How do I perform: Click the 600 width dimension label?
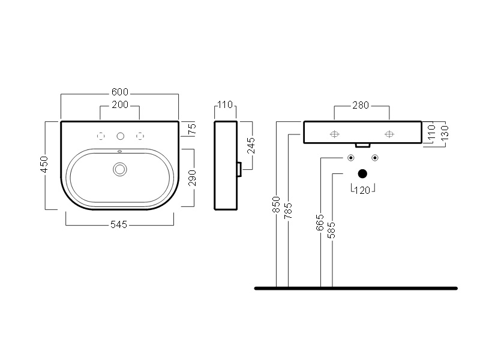pyautogui.click(x=120, y=92)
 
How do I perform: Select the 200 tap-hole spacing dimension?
pyautogui.click(x=120, y=106)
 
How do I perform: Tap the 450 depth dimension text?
pyautogui.click(x=44, y=165)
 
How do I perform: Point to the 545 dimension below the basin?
pyautogui.click(x=120, y=225)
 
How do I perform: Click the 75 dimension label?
pyautogui.click(x=192, y=128)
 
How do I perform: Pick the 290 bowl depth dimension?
pyautogui.click(x=192, y=178)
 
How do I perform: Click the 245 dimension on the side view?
pyautogui.click(x=252, y=146)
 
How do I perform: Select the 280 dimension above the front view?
pyautogui.click(x=360, y=106)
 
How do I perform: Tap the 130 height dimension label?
pyautogui.click(x=444, y=131)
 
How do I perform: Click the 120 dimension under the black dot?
pyautogui.click(x=362, y=191)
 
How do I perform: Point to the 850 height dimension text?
pyautogui.click(x=276, y=205)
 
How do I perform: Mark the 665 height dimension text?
pyautogui.click(x=320, y=221)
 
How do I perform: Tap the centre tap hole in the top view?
pyautogui.click(x=121, y=135)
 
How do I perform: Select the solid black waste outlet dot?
pyautogui.click(x=362, y=174)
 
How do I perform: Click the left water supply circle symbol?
pyautogui.click(x=350, y=158)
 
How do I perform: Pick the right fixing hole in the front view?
pyautogui.click(x=389, y=134)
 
